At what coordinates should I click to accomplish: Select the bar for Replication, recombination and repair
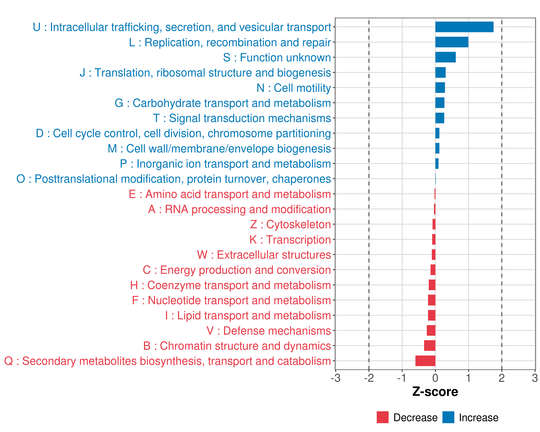point(452,42)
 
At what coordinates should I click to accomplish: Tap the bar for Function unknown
point(445,57)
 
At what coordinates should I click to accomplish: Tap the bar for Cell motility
point(440,88)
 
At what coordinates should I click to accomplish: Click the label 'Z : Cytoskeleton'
point(291,224)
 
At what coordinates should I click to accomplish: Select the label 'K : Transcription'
point(290,240)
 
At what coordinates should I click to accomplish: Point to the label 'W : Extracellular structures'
point(264,255)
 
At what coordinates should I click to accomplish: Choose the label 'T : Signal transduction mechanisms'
point(242,118)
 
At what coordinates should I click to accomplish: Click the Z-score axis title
point(435,392)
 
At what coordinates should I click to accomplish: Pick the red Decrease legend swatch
point(382,417)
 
